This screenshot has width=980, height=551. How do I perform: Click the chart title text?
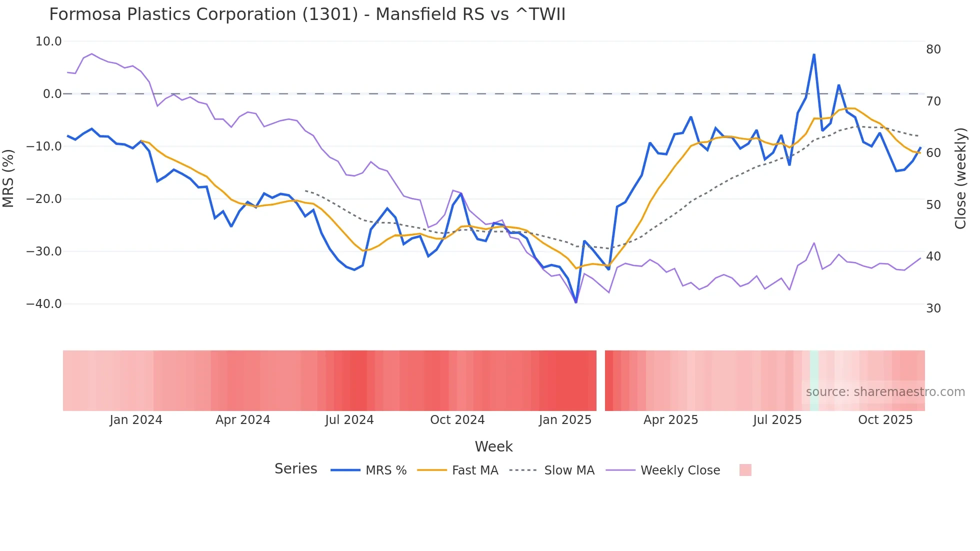[x=307, y=14]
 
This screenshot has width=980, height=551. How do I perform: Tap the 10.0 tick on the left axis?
[x=48, y=41]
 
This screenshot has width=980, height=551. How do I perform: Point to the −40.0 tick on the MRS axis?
[x=44, y=304]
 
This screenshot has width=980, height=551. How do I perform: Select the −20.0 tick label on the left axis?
[x=44, y=199]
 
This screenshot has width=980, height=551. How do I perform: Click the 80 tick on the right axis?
[x=933, y=49]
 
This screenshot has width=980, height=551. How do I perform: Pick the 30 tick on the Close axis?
[x=933, y=308]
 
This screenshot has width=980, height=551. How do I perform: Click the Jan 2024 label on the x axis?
[x=136, y=420]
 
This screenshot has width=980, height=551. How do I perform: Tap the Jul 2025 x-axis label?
[x=777, y=420]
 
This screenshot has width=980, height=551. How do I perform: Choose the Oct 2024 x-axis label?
[x=457, y=420]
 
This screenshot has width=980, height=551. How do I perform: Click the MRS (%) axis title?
[x=8, y=178]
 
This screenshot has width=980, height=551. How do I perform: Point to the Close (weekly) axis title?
[x=960, y=178]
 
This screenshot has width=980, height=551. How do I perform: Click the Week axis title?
[x=493, y=446]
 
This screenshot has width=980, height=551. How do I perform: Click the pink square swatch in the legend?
[x=745, y=470]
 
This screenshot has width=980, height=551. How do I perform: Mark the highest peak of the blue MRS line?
[x=814, y=54]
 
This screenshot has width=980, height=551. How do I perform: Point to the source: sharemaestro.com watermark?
[x=885, y=392]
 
